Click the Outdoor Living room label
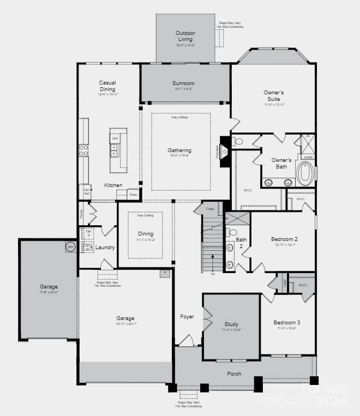click(185, 36)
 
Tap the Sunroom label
click(183, 83)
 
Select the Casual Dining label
click(107, 86)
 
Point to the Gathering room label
click(179, 150)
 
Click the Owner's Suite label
click(274, 96)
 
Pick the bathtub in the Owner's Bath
click(305, 173)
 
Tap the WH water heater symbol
click(70, 246)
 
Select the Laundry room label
click(105, 248)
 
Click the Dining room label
click(145, 234)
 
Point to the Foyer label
click(187, 317)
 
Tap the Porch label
click(234, 373)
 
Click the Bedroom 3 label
click(287, 323)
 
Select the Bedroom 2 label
click(284, 239)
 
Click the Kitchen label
click(113, 185)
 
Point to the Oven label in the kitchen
click(133, 194)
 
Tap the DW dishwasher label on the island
click(115, 138)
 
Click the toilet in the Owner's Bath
click(239, 142)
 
